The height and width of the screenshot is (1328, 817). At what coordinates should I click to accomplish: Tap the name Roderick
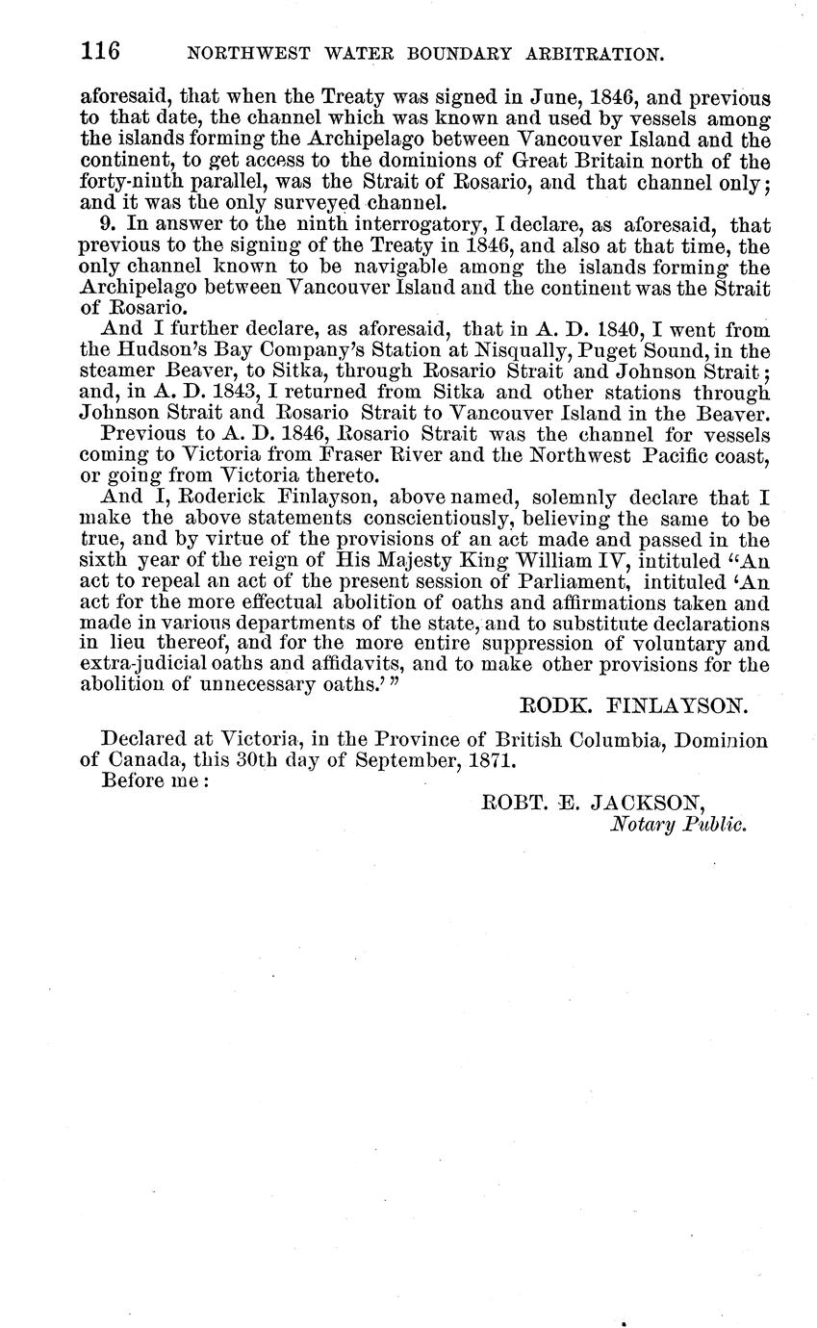[x=192, y=498]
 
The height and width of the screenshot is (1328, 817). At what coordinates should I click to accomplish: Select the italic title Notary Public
[x=679, y=824]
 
